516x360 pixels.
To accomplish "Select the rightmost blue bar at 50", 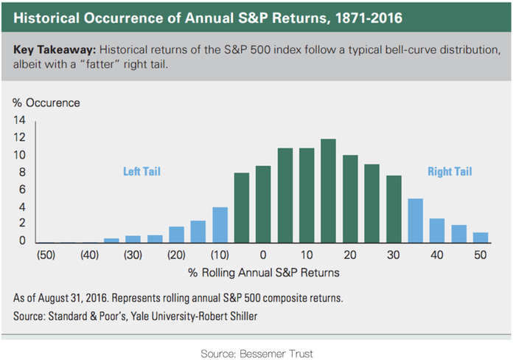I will click(x=480, y=238).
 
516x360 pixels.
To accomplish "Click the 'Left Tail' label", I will click(x=142, y=172).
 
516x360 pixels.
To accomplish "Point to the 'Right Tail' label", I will click(x=450, y=172).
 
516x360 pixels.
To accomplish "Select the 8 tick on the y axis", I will click(x=22, y=173).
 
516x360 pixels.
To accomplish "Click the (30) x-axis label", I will click(x=133, y=255).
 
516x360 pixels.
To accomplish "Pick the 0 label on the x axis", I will click(x=263, y=255).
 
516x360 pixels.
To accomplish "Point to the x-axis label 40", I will click(x=436, y=255).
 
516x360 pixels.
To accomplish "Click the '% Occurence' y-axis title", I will click(x=46, y=103).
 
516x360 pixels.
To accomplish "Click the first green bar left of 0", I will click(x=241, y=207).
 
